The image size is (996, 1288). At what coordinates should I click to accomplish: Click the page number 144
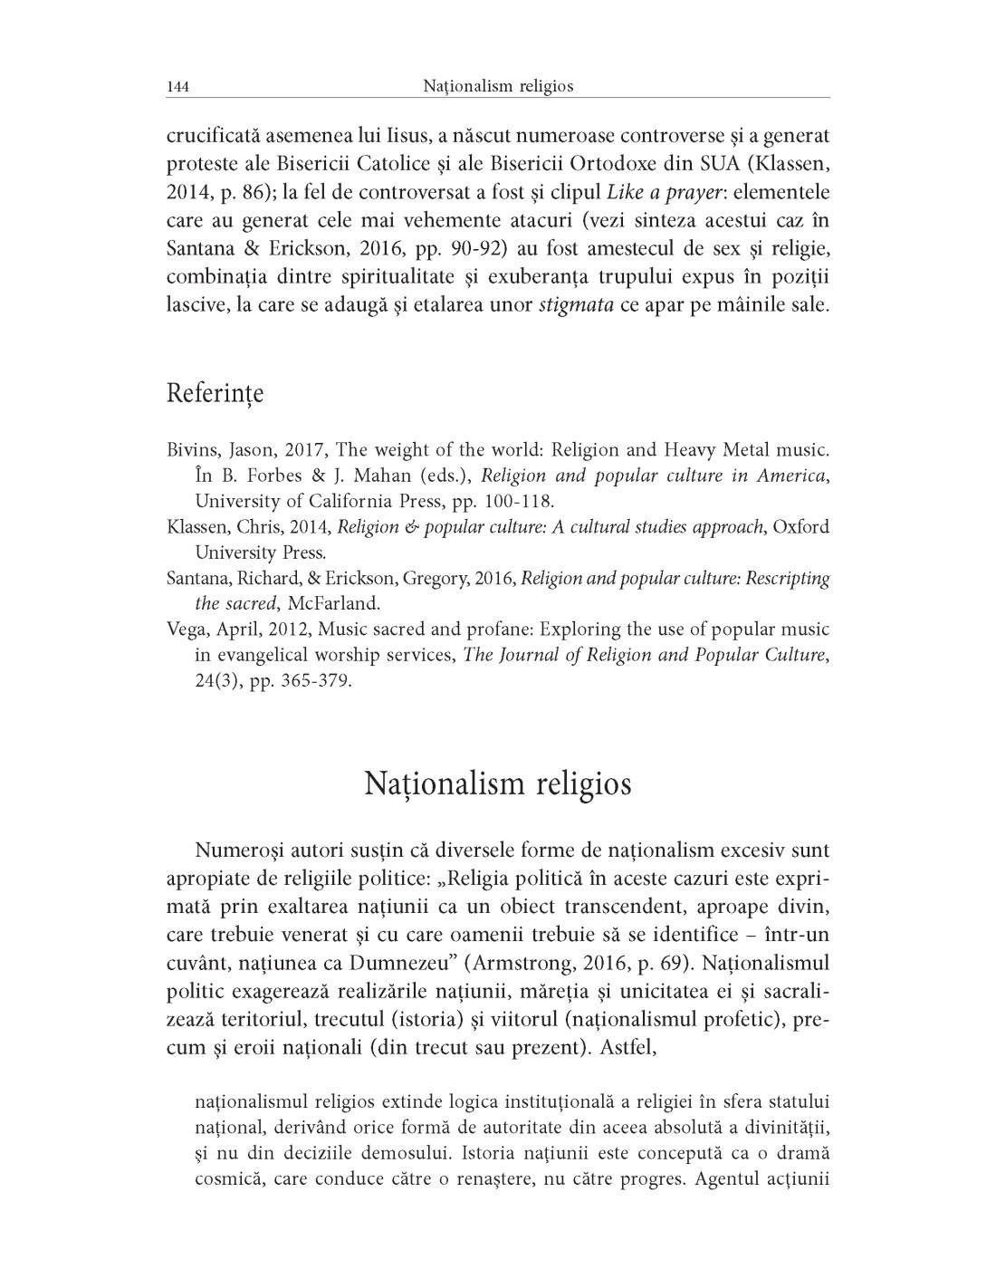[177, 87]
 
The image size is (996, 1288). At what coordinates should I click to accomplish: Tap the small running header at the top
[498, 87]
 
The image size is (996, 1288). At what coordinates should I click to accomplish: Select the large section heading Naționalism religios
[498, 783]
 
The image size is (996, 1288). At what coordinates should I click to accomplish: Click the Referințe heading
[215, 395]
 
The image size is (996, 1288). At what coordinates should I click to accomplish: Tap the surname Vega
[185, 630]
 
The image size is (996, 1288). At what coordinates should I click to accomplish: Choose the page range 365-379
[318, 680]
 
